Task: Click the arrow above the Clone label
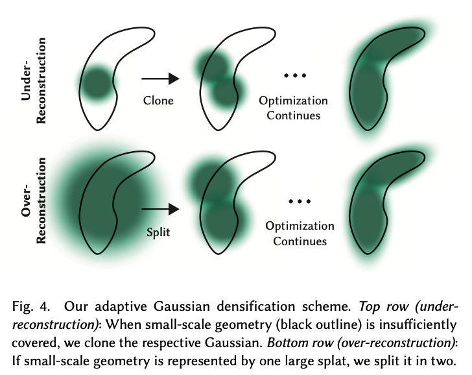[x=160, y=79]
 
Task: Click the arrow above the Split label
[x=160, y=209]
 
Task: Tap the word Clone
[x=158, y=101]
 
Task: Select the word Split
[x=158, y=232]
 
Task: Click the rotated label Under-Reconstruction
[x=34, y=80]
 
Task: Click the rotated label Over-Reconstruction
[x=34, y=200]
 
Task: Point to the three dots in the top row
[x=295, y=75]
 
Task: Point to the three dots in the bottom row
[x=300, y=201]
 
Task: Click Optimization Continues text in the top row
[x=294, y=108]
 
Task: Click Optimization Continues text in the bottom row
[x=300, y=234]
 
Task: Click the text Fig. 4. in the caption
[x=30, y=307]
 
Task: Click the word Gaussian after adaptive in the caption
[x=182, y=307]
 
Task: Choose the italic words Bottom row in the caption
[x=300, y=343]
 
